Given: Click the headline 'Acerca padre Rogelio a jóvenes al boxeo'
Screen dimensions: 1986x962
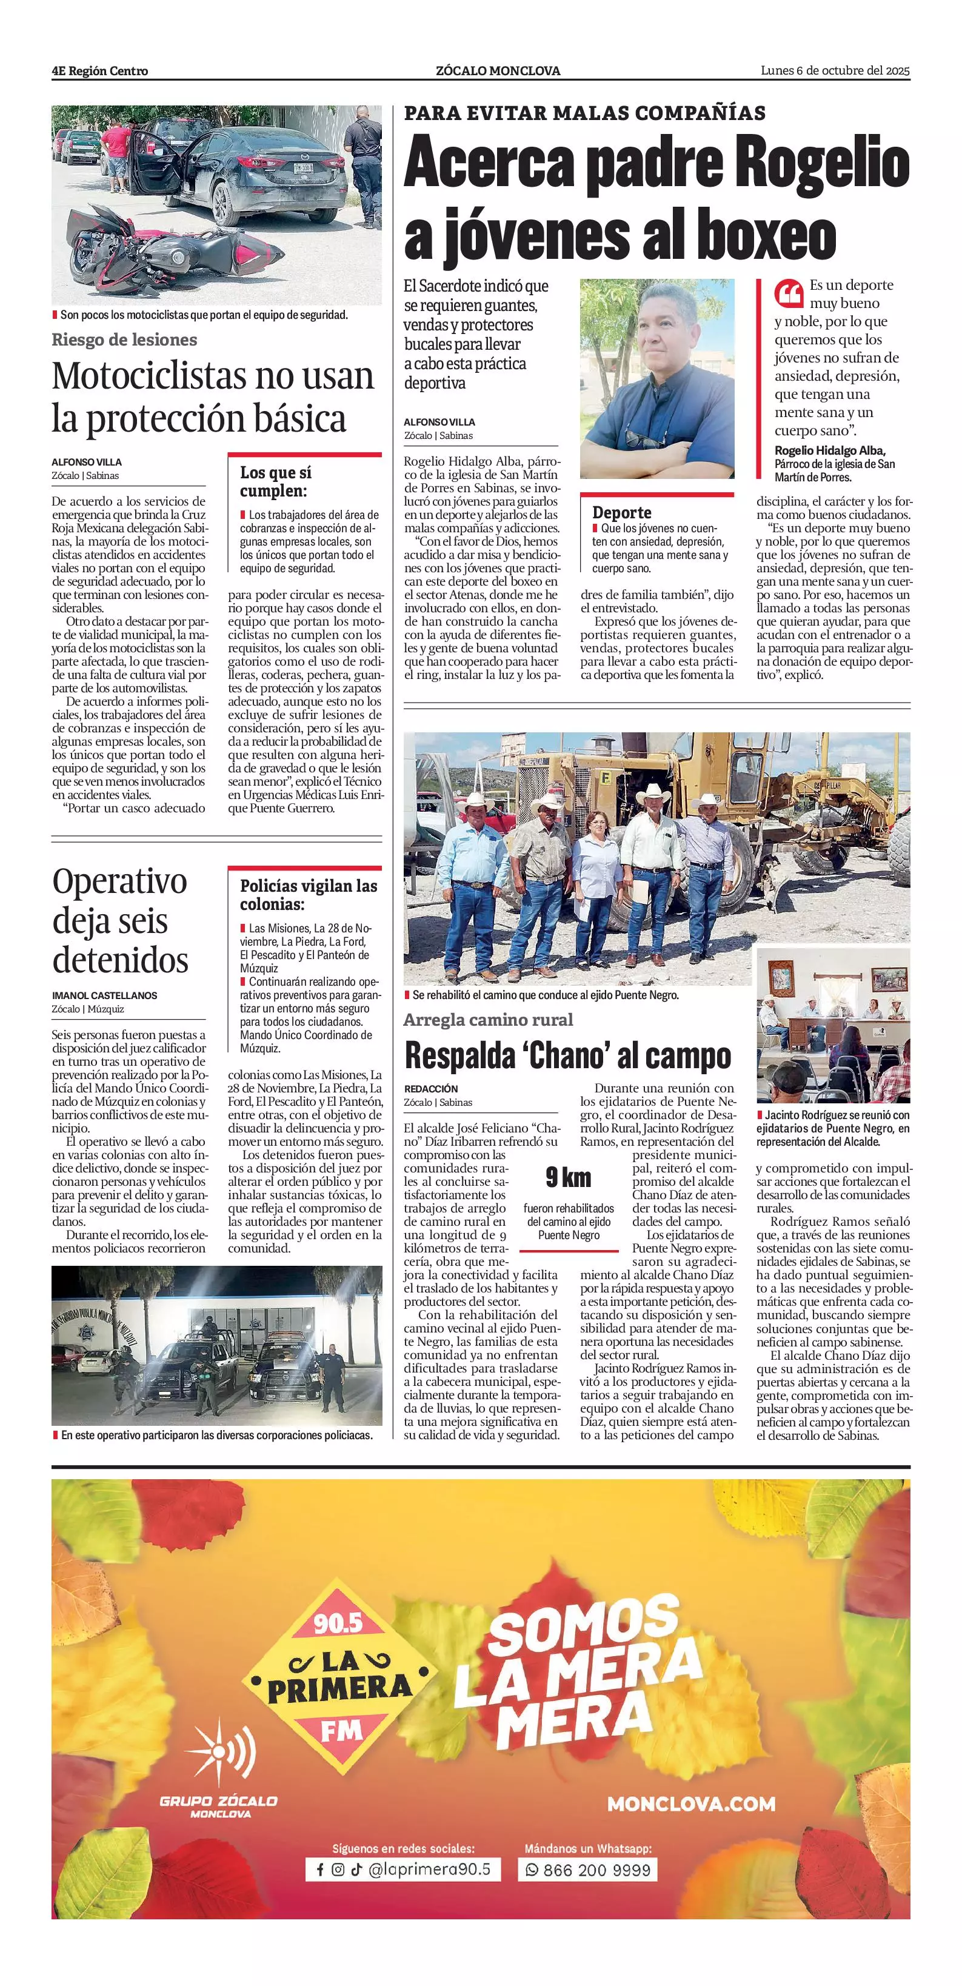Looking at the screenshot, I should pos(656,198).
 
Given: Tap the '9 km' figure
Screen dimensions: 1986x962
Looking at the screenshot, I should pos(568,1177).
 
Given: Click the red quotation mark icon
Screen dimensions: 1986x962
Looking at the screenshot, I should pos(789,294).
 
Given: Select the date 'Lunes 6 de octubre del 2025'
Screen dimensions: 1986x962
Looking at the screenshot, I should pos(835,70).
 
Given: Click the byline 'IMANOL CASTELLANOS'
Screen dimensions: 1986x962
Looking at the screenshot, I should pos(104,995).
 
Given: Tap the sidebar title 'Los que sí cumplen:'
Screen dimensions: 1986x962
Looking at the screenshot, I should pos(275,481).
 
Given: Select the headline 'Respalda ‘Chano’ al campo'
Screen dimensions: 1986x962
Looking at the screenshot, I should pos(567,1055).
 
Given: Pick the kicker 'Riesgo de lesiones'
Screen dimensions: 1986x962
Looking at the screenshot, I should pos(124,339).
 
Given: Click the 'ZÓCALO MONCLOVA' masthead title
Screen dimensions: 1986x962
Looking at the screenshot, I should pos(498,70).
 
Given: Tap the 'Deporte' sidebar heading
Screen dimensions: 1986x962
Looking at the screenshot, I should pos(621,512).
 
